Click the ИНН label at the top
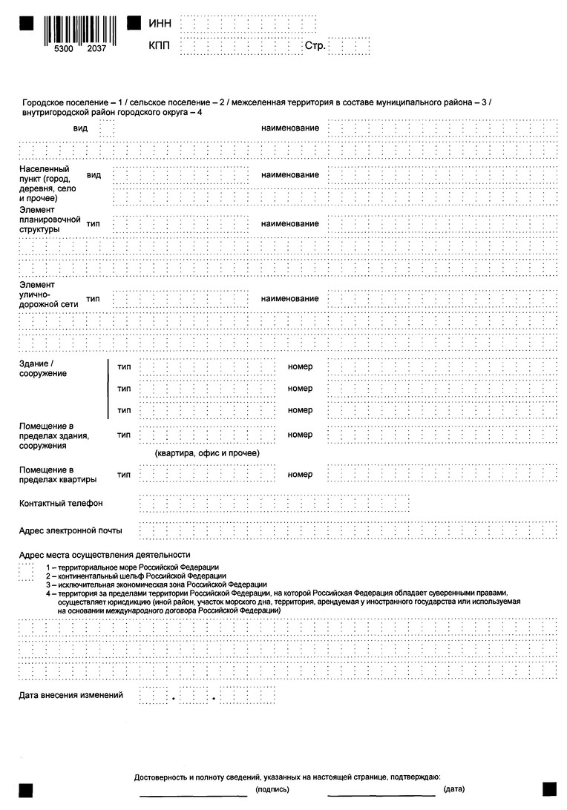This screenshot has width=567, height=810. (x=160, y=24)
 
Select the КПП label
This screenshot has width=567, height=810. (x=160, y=46)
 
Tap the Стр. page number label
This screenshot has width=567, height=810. (x=315, y=46)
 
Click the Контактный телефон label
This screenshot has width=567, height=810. (x=61, y=504)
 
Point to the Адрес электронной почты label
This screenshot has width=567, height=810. (x=71, y=531)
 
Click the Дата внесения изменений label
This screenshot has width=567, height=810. (x=71, y=695)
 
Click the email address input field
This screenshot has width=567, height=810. (x=349, y=531)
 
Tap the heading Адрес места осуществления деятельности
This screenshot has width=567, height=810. (x=105, y=555)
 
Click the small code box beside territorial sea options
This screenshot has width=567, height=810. (x=26, y=572)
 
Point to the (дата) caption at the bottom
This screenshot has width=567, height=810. (x=454, y=790)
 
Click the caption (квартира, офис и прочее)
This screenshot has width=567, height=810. (x=207, y=452)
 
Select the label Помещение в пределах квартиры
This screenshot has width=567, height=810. (x=58, y=475)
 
